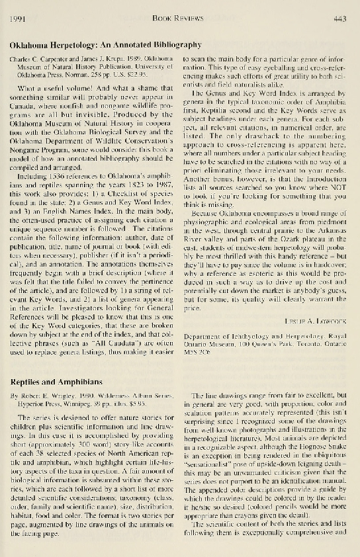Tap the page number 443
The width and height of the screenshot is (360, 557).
(341, 21)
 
